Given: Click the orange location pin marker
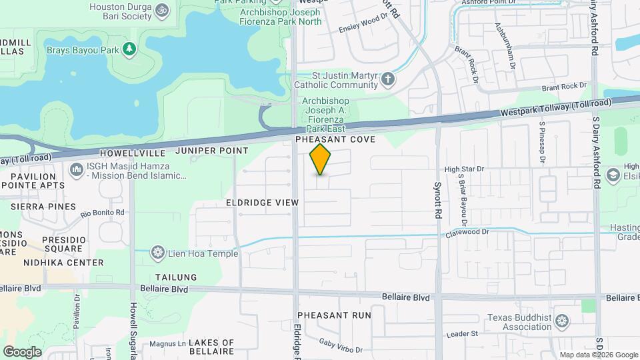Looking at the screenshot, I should (321, 159).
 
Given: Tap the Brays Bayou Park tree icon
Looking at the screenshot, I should (129, 49).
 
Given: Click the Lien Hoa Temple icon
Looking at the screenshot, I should (158, 253).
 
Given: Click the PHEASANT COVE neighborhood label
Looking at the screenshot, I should (336, 139).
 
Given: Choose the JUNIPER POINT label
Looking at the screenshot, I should (212, 151).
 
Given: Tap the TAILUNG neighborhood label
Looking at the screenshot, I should (176, 277).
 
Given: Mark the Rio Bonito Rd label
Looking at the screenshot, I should (103, 213).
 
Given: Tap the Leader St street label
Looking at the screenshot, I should (463, 333).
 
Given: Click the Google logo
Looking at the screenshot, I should (22, 351).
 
